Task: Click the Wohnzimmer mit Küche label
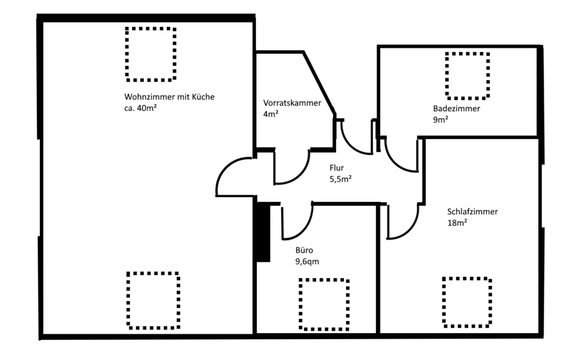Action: [x=169, y=97]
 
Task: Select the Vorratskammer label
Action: [x=292, y=103]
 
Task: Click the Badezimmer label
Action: [x=457, y=109]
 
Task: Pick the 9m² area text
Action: [x=440, y=119]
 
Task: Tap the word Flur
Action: [x=337, y=168]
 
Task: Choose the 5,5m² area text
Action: [x=340, y=179]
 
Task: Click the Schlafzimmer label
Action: [x=472, y=211]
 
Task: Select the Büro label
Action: [x=304, y=251]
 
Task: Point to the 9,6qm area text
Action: [x=308, y=261]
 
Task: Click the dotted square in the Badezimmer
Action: [x=467, y=75]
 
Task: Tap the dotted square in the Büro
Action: [x=324, y=304]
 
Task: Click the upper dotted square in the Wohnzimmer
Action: [x=151, y=54]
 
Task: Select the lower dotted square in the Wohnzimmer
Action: [x=153, y=300]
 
